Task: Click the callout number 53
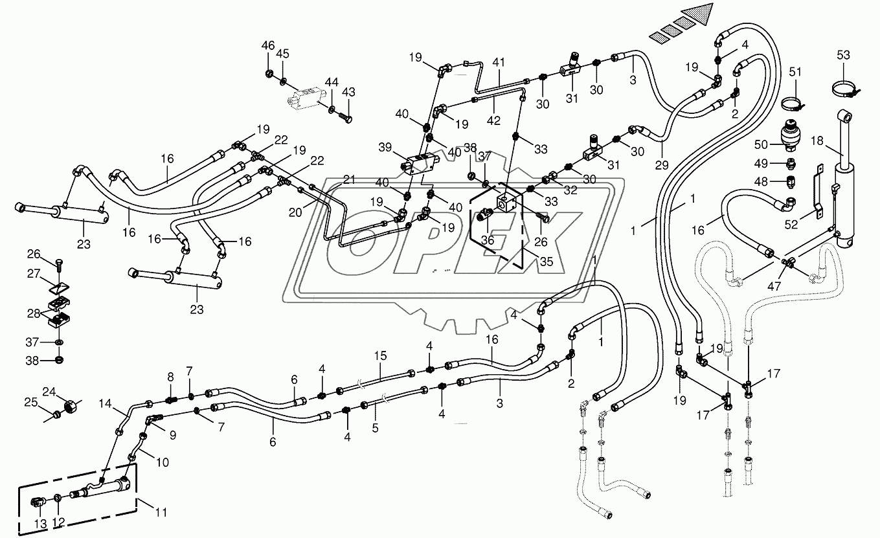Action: point(844,56)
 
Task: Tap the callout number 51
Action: point(796,73)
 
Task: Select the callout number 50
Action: point(761,145)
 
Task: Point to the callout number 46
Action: point(268,45)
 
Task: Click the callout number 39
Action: point(385,147)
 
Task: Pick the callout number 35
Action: point(547,261)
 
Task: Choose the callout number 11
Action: point(161,513)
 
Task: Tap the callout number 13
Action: point(40,524)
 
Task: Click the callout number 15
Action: point(380,356)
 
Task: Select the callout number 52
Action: point(791,224)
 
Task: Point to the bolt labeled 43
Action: point(345,117)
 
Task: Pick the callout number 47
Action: point(774,286)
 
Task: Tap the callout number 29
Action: point(662,165)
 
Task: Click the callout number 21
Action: point(349,180)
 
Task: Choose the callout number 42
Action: point(494,121)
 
